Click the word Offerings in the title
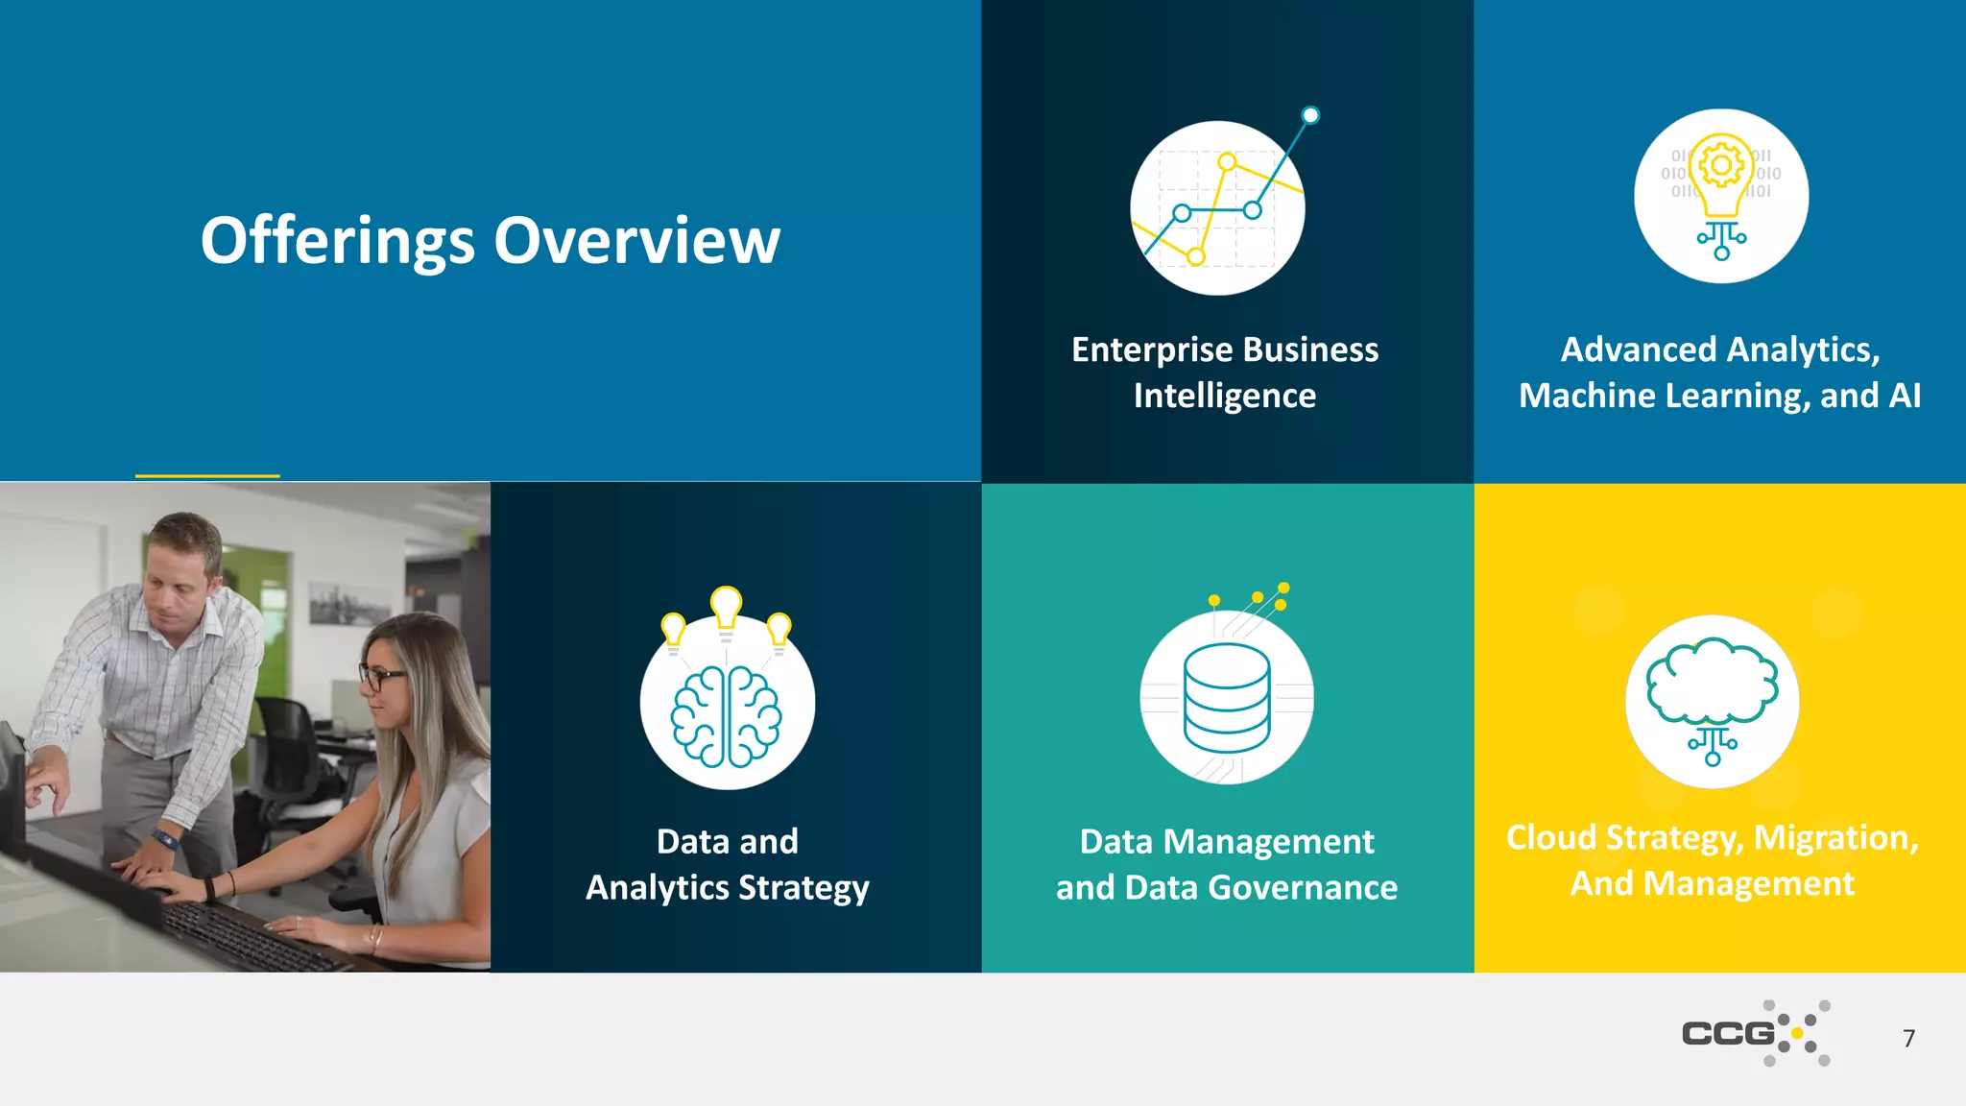click(337, 240)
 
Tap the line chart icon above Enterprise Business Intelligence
click(1217, 207)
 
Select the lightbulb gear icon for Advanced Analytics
click(1721, 196)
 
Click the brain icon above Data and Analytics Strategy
click(727, 716)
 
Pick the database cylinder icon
click(1227, 698)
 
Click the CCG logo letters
click(1728, 1033)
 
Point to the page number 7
click(1908, 1038)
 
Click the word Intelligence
click(1224, 396)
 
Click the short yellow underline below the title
click(207, 475)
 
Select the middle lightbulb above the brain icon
click(727, 607)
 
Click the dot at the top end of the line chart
click(1310, 116)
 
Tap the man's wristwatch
click(166, 839)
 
